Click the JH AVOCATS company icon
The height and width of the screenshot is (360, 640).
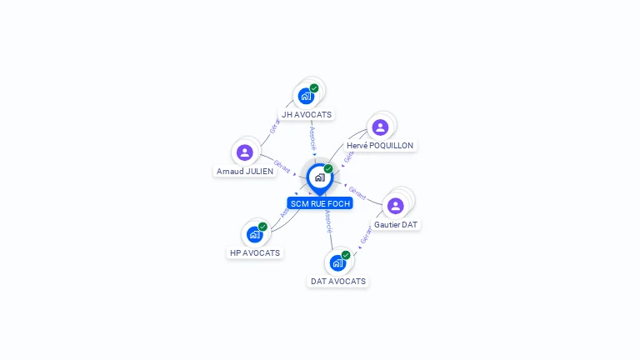click(306, 96)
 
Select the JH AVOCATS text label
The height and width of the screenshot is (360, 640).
click(307, 115)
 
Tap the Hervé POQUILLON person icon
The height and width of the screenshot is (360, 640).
click(380, 127)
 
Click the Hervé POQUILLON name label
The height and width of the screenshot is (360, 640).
click(380, 146)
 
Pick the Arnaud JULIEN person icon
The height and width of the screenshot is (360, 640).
click(244, 152)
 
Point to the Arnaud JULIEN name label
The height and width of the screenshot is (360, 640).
click(245, 172)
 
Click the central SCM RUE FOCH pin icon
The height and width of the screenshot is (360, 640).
click(319, 177)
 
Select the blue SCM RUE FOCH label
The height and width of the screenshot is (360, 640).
click(320, 203)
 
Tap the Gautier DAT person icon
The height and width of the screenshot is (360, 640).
click(396, 206)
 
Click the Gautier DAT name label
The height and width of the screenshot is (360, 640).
click(397, 225)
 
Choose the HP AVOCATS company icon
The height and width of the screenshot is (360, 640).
click(254, 234)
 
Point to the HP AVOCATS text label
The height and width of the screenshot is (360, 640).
click(255, 252)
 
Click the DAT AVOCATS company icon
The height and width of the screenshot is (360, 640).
click(337, 262)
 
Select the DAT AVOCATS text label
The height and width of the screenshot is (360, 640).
click(338, 282)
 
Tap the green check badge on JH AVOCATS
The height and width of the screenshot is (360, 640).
click(314, 88)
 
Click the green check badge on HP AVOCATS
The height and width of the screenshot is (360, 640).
click(262, 227)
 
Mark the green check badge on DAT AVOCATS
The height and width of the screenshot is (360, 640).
click(346, 255)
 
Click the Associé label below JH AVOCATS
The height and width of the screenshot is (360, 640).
click(312, 137)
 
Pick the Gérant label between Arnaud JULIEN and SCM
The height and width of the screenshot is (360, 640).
click(282, 167)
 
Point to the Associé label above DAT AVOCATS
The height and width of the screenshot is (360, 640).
click(329, 220)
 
